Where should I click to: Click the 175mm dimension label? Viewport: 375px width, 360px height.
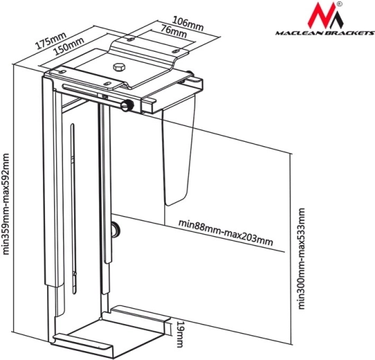point(51,41)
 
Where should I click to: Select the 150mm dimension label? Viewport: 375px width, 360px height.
point(69,46)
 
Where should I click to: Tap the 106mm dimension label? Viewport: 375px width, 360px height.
point(188,24)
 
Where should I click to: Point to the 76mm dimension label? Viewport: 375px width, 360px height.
point(173,31)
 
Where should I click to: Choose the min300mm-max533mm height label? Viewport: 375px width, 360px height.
point(302,259)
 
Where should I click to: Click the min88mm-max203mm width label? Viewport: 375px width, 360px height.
point(226,233)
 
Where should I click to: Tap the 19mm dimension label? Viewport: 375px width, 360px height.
point(180,334)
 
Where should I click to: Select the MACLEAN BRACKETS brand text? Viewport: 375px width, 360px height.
point(325,33)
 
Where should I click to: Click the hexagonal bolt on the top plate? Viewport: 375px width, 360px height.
point(119,67)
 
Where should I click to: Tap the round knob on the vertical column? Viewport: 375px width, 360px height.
point(116,229)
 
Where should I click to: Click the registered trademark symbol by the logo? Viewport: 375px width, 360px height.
point(340,4)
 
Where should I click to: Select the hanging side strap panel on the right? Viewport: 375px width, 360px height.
point(177,155)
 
